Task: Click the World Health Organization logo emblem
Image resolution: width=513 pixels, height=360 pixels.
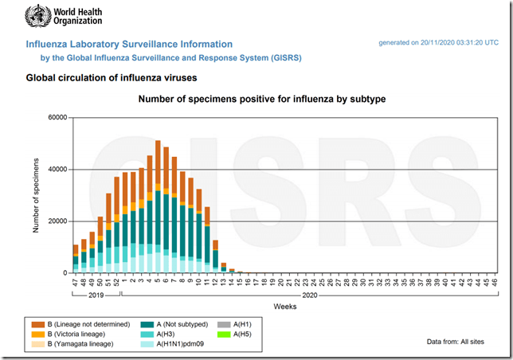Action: [37, 16]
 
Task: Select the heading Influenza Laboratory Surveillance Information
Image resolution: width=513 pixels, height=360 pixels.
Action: [130, 45]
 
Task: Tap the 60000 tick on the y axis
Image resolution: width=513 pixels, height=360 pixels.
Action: [57, 118]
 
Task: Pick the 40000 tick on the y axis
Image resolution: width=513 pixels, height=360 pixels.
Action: [57, 170]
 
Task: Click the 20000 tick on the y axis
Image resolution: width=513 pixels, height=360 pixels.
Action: [57, 221]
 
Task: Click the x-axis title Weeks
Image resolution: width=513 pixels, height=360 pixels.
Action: [284, 306]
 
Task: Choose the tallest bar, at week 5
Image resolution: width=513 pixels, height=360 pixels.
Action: [158, 207]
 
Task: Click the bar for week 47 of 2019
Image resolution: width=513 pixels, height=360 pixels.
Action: [76, 259]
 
